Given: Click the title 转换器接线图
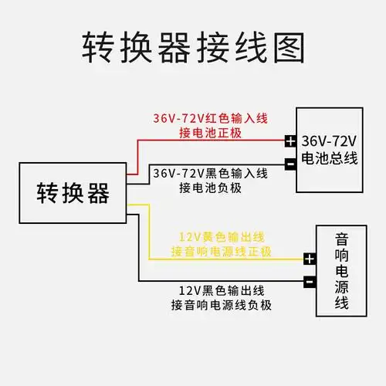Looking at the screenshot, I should [x=193, y=47].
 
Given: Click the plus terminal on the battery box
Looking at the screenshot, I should [x=289, y=141].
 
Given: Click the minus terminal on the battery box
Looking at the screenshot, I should [x=289, y=164].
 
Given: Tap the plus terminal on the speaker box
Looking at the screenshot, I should [x=310, y=259].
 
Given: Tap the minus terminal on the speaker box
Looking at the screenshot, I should [x=310, y=282].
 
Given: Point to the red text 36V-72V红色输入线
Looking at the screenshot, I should [x=209, y=118].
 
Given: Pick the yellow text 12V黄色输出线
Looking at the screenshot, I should [x=221, y=236].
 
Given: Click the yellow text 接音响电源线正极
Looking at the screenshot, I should [x=221, y=252].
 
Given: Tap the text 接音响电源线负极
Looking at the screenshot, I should [x=221, y=306].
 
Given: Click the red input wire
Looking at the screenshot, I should [x=208, y=141].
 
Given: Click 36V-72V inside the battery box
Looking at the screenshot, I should [x=328, y=142].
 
